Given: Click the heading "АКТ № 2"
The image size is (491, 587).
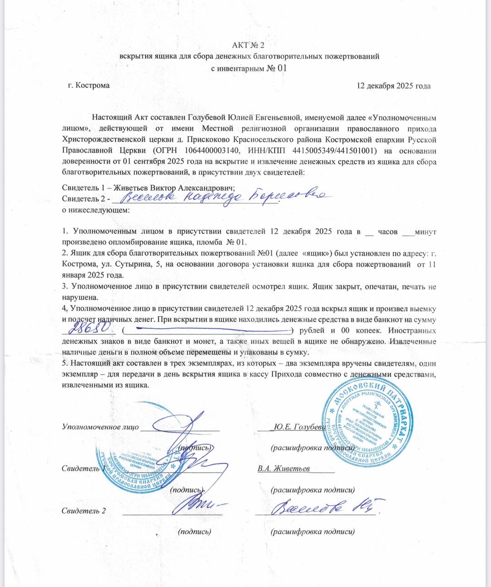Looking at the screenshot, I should pos(248,45).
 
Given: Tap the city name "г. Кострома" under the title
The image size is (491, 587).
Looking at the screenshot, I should pos(88,85).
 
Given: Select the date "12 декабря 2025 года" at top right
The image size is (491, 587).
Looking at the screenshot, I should pos(393,86).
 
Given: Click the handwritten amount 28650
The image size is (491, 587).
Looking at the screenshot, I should pos(90,328).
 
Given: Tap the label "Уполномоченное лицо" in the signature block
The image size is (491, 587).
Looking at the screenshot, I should pos(100,426).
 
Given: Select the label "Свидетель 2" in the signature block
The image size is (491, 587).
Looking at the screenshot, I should pos(84,510).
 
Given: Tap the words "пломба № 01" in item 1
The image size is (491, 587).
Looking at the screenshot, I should pos(228,242).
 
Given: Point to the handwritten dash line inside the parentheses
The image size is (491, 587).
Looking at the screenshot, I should pos(207,329).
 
